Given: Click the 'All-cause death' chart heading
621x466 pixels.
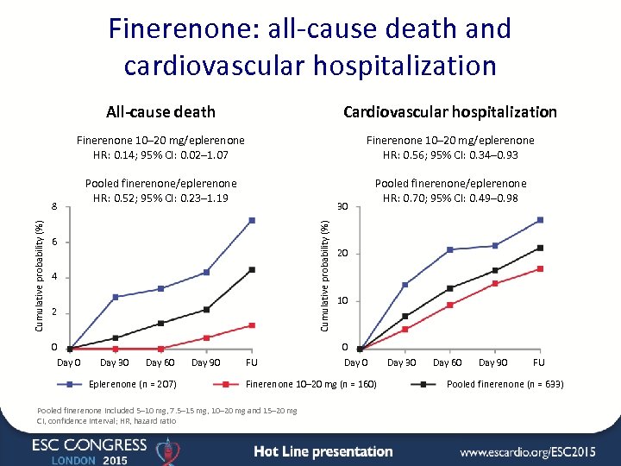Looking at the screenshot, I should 160,111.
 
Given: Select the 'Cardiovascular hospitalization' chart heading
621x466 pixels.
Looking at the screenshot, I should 450,111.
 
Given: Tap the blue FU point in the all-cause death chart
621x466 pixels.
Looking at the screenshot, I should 252,220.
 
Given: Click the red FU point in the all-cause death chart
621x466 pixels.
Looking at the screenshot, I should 252,325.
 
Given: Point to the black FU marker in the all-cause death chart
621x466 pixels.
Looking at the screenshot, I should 252,269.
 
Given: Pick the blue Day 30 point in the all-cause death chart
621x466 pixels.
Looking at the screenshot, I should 116,297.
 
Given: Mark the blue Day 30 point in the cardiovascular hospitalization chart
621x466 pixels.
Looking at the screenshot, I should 405,285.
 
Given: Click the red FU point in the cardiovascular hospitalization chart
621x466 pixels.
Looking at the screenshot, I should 540,268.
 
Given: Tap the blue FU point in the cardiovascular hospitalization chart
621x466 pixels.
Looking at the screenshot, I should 540,220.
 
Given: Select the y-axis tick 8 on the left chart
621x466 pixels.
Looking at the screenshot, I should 54,206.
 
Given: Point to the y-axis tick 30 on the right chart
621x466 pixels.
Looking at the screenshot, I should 342,206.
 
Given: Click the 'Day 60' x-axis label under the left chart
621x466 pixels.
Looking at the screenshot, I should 160,362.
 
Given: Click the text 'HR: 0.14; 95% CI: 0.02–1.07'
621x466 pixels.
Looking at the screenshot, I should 160,154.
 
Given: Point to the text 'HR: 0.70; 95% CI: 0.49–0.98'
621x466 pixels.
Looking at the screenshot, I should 450,198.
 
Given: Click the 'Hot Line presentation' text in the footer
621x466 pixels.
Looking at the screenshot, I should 323,451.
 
